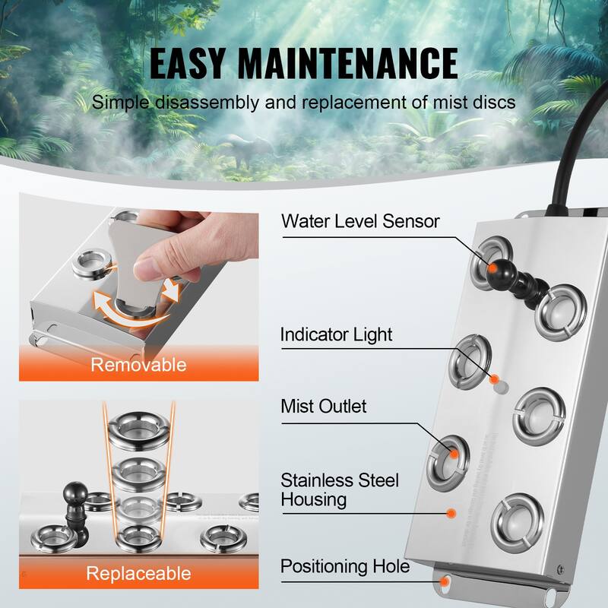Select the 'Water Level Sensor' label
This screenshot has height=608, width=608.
coord(359,221)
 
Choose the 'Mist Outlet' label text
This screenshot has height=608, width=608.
coord(323,407)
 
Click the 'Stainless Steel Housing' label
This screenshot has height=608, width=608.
coord(340,489)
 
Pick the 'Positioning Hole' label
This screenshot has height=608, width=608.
coord(345,566)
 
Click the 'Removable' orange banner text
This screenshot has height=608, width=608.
coord(138,365)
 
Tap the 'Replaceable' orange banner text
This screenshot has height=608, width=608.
coord(138,572)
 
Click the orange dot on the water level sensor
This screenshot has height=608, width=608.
coord(493,268)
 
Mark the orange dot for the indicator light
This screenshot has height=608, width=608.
coord(495,378)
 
